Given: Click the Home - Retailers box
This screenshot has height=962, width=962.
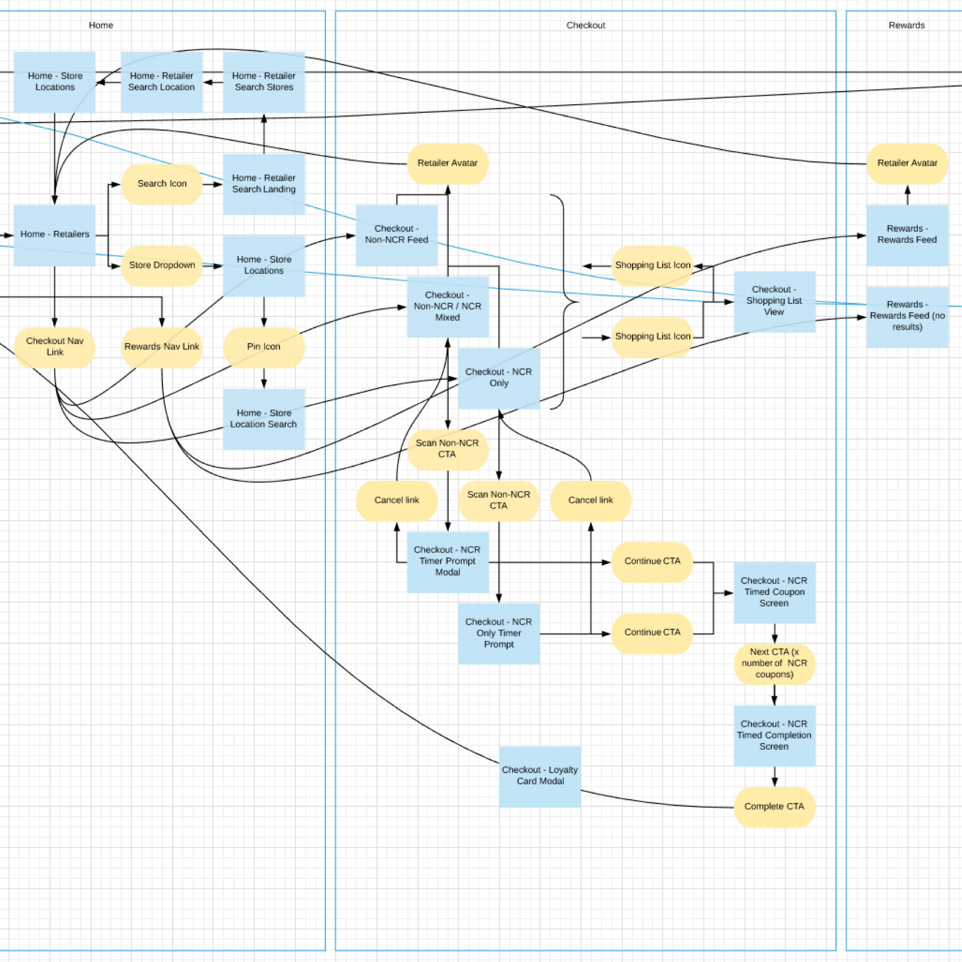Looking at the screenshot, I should (54, 235).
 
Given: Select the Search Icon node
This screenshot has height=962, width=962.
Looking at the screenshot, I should (162, 184).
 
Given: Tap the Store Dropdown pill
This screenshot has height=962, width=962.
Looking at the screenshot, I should (162, 265).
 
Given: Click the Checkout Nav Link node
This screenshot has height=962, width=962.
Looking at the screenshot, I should (54, 347).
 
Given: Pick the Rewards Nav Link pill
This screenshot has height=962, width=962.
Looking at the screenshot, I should (162, 347).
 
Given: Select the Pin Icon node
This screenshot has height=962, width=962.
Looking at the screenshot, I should (264, 347).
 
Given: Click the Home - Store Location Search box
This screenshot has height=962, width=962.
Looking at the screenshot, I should (264, 419).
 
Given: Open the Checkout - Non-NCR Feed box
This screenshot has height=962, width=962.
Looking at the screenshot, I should (396, 235).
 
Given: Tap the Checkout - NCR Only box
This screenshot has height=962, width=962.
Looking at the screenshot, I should (499, 378).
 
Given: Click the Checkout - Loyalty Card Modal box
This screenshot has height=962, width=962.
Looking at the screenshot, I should (540, 776).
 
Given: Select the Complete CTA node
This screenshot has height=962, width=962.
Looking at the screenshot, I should (774, 807).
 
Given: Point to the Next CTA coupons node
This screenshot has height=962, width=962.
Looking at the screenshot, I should (774, 664).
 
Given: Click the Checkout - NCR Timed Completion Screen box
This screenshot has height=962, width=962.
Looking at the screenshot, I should (774, 736).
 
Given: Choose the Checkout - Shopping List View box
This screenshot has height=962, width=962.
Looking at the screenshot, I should (774, 301).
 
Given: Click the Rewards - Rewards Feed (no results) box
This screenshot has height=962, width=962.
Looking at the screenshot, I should (907, 316).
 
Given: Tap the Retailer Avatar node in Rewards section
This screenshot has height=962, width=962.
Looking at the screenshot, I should (907, 164).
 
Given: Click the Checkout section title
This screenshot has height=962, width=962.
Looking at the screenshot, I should (586, 25).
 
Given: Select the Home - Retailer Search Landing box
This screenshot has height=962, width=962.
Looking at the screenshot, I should (264, 184).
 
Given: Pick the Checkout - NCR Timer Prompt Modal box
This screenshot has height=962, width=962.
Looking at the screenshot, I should (448, 561).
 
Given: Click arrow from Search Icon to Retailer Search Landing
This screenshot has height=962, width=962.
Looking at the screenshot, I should (213, 184).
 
